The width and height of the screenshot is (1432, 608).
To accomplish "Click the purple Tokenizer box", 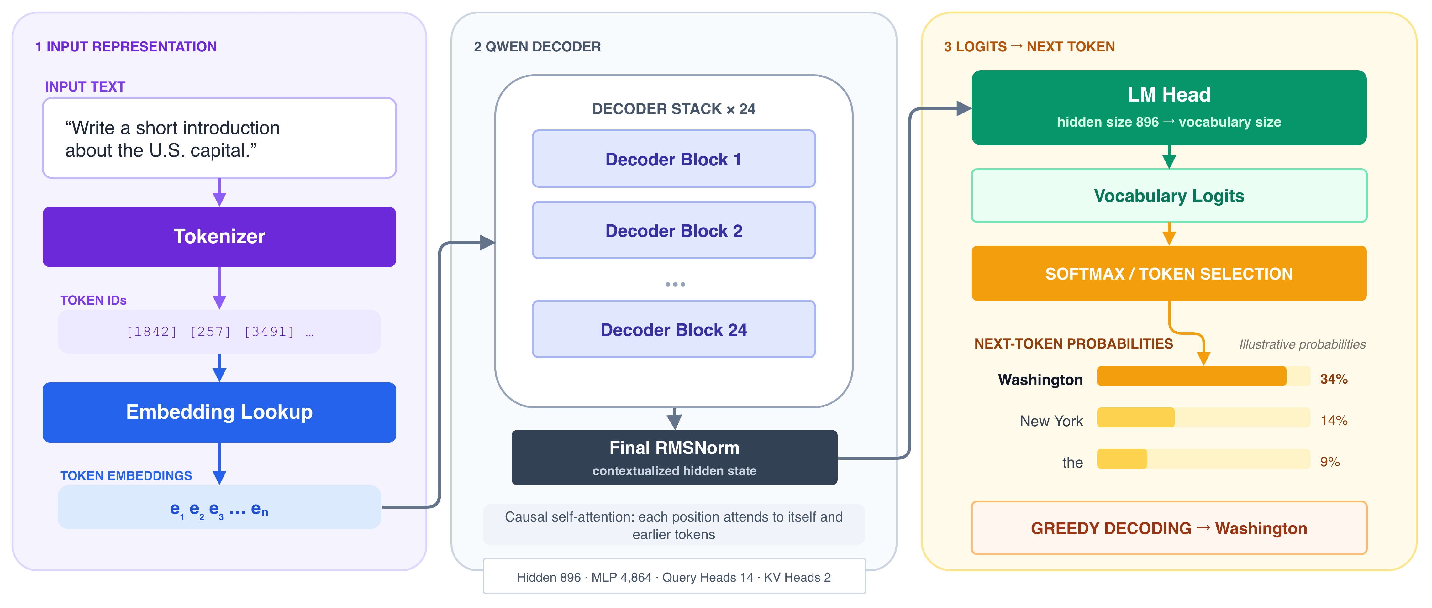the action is tap(219, 237).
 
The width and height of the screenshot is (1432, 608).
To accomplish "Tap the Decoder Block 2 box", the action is tap(674, 230).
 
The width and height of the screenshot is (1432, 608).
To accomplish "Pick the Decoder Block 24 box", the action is tap(674, 330).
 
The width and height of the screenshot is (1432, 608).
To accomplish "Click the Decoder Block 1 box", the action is tap(674, 159).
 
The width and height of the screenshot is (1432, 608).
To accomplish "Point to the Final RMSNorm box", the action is tap(674, 457).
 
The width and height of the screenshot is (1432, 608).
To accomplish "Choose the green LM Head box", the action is tap(1169, 108).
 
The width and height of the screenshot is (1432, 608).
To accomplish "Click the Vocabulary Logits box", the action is tap(1169, 196).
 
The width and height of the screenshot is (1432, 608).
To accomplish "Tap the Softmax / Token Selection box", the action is tap(1169, 273).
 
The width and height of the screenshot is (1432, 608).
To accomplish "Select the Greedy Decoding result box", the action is tap(1169, 528).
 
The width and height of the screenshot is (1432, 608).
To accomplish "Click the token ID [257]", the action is tap(210, 332).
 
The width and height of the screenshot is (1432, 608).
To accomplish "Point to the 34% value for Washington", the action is tap(1334, 379).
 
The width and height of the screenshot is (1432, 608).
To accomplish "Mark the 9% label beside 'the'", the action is tap(1330, 462).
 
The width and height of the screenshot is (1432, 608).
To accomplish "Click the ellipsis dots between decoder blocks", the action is tap(675, 285).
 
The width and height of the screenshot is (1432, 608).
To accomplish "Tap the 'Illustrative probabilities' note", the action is tap(1302, 344).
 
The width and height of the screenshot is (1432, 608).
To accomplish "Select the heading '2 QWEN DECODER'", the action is tap(537, 47).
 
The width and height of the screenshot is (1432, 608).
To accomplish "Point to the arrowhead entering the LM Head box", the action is tap(964, 108).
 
